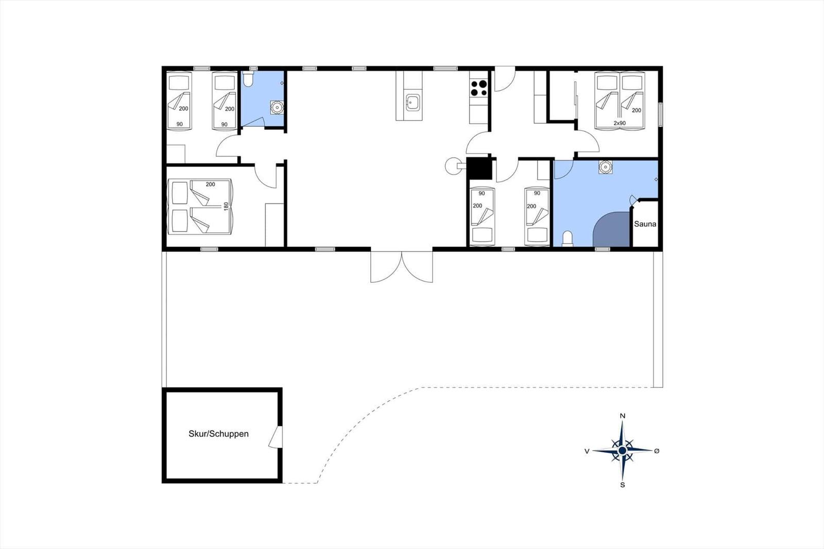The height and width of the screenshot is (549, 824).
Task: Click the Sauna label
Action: [x=645, y=224]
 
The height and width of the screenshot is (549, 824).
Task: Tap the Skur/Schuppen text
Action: [x=218, y=434]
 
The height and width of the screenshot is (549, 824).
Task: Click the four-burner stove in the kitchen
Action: [x=479, y=88]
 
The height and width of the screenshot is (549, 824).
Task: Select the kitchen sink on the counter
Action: [x=413, y=102]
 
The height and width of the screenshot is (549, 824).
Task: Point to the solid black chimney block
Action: [x=479, y=168]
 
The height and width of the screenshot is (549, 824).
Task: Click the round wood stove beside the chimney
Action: [x=452, y=166]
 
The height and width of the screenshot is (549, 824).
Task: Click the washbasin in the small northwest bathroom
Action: [x=277, y=107]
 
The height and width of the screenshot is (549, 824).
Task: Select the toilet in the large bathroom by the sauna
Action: [x=568, y=238]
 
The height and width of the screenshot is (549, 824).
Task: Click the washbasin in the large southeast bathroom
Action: [x=605, y=167]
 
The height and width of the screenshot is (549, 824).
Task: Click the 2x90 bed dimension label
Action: [x=620, y=123]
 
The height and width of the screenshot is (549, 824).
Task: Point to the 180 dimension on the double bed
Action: [x=226, y=206]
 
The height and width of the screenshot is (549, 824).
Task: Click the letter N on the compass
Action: [x=623, y=416]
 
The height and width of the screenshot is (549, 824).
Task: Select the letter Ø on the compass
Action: [x=657, y=451]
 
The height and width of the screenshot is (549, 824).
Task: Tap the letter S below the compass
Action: [x=623, y=485]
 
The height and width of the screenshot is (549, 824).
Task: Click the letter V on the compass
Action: [x=587, y=451]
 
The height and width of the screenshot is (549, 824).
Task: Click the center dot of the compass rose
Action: [x=623, y=451]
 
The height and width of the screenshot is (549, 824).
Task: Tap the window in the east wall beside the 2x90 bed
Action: [x=661, y=114]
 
